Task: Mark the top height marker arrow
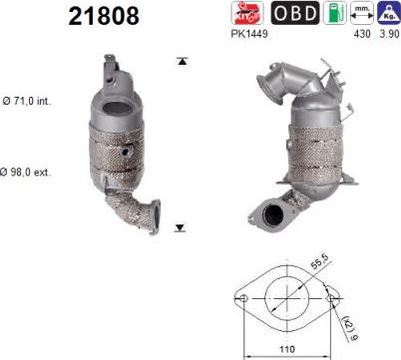pyautogui.click(x=181, y=62)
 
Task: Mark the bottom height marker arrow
pyautogui.click(x=181, y=227)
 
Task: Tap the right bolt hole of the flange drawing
pyautogui.click(x=333, y=297)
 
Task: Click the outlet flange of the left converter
pyautogui.click(x=150, y=216)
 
